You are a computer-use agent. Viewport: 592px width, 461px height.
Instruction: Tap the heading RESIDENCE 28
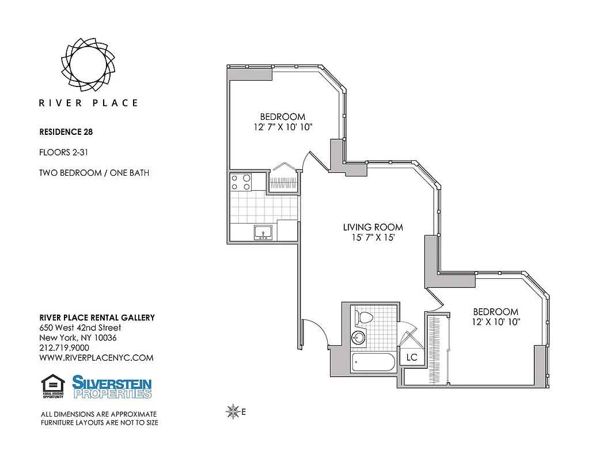[66, 131]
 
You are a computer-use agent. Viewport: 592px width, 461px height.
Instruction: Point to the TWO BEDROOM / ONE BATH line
[94, 173]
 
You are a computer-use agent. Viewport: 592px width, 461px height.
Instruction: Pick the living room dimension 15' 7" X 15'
[369, 238]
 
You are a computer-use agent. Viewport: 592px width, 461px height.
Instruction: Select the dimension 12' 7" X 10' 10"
[282, 127]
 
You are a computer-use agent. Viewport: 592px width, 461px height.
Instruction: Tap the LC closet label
[411, 357]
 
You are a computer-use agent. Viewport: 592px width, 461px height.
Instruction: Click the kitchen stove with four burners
[241, 182]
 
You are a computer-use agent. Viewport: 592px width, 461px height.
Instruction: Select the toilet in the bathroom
[364, 317]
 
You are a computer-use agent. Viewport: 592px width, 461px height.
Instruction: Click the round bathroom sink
[359, 338]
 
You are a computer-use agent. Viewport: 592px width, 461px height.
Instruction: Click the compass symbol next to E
[233, 411]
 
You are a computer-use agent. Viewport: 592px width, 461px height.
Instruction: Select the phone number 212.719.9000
[64, 347]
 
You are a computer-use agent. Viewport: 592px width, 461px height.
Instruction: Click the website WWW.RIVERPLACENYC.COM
[96, 358]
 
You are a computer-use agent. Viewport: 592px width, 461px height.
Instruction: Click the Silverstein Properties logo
[112, 387]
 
